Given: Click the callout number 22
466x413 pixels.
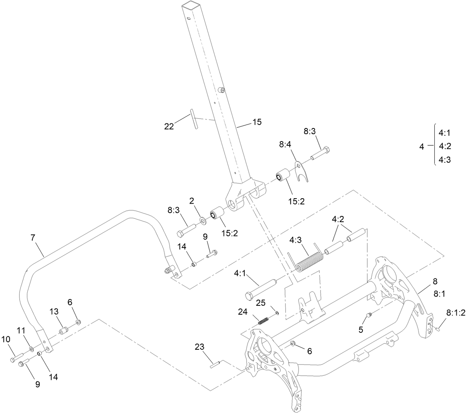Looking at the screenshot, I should click(x=169, y=126).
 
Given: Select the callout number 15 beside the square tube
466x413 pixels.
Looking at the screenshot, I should click(x=257, y=122).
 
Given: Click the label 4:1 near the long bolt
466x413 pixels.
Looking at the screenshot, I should click(x=241, y=273).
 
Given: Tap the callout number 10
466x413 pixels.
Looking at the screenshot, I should click(x=6, y=339).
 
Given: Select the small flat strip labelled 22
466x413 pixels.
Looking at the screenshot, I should click(x=194, y=120).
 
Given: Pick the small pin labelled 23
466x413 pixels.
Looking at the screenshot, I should click(x=215, y=364).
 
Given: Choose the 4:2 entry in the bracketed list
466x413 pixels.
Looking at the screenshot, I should click(x=445, y=146).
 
